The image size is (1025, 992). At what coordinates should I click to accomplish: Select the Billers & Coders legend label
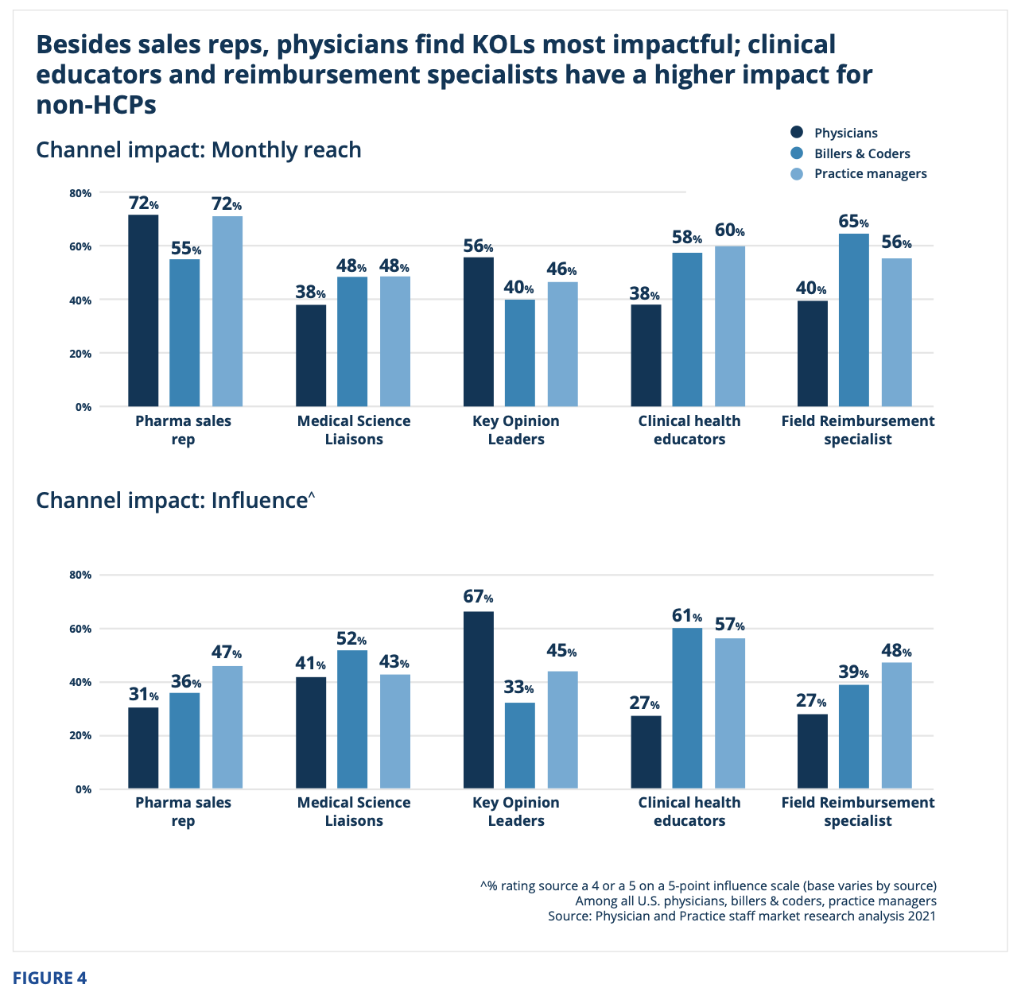click(x=862, y=153)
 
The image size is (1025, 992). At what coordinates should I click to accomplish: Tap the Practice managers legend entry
click(x=870, y=173)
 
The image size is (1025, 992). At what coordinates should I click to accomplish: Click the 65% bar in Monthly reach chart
click(x=853, y=320)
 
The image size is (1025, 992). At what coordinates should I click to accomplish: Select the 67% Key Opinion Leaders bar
click(x=478, y=699)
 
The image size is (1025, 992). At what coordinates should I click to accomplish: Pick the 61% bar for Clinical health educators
click(x=687, y=707)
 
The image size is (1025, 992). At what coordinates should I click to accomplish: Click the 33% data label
click(x=519, y=688)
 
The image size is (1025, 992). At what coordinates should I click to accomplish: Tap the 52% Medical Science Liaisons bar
click(x=352, y=719)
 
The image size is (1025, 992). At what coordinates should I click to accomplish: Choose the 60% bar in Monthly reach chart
click(x=729, y=326)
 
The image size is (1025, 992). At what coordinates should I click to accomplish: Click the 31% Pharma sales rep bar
click(x=143, y=747)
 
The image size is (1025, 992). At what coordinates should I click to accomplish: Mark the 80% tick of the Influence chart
click(x=83, y=575)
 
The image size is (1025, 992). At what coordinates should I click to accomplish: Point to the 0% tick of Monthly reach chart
click(x=83, y=407)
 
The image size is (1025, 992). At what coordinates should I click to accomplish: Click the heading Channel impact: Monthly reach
click(x=199, y=149)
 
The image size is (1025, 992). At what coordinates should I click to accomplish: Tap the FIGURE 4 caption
click(x=49, y=978)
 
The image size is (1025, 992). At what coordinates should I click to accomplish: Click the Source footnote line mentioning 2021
click(x=741, y=916)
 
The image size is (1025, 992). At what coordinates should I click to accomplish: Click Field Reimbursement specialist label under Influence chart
click(x=857, y=811)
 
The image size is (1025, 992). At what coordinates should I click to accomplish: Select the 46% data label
click(x=561, y=270)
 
